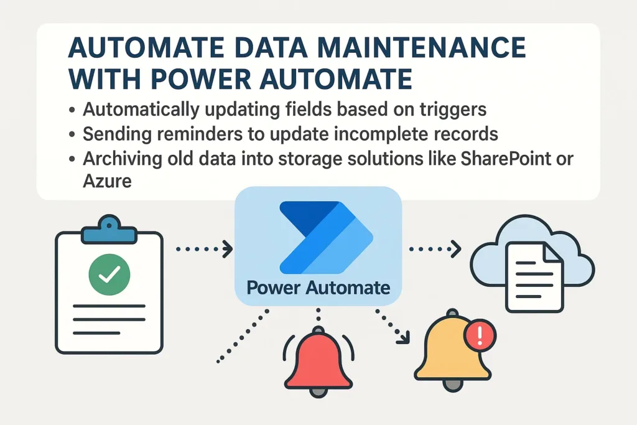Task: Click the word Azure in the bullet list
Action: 107,182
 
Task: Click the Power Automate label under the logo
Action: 318,288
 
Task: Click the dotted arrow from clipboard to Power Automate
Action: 204,250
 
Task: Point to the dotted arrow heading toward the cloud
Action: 435,250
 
